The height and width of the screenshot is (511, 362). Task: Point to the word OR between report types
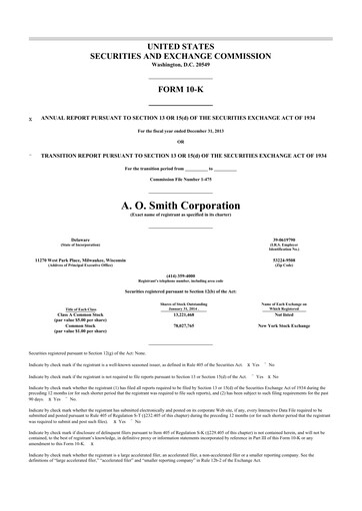[x=180, y=141]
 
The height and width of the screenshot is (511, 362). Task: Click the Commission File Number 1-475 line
[x=180, y=179]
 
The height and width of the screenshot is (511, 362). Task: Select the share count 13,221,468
[x=182, y=313]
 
